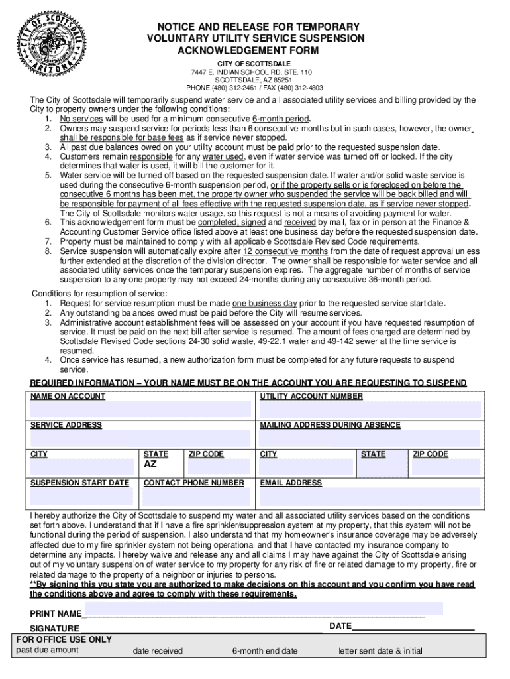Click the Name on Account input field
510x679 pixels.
click(x=140, y=409)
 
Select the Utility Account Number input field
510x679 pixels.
click(x=370, y=409)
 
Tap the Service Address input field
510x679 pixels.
click(x=140, y=438)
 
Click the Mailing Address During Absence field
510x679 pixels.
click(x=370, y=438)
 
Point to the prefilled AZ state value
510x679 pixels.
click(x=151, y=465)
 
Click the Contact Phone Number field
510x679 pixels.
click(x=197, y=497)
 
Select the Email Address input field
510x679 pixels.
click(x=370, y=497)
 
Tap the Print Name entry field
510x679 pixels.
click(x=263, y=609)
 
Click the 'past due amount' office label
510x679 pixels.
click(x=47, y=650)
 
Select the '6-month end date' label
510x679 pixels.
click(x=265, y=651)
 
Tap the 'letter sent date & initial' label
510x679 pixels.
click(x=380, y=651)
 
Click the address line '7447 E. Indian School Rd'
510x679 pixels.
click(x=254, y=72)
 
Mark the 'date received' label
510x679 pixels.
click(x=158, y=651)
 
